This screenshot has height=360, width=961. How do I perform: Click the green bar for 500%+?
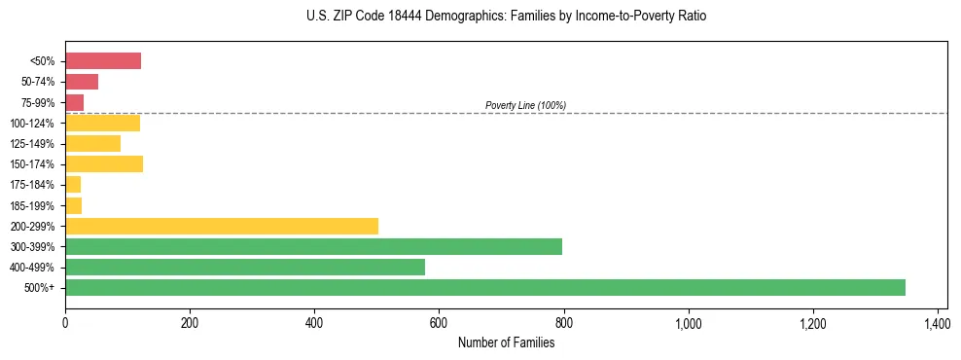click(x=484, y=287)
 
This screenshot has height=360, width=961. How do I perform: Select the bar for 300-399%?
click(x=313, y=246)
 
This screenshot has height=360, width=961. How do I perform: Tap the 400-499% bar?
click(x=245, y=267)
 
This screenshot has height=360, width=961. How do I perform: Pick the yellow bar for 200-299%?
click(x=222, y=226)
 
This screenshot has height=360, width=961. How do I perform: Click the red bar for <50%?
click(x=103, y=61)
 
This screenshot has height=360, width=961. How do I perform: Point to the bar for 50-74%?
click(x=82, y=82)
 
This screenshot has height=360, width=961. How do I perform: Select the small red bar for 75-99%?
click(x=74, y=102)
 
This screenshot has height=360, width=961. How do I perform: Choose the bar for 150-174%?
click(x=104, y=163)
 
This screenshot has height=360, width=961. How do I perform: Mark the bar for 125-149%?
click(x=92, y=143)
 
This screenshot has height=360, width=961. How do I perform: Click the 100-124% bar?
click(x=102, y=123)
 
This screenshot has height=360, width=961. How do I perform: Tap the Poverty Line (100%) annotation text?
click(x=525, y=105)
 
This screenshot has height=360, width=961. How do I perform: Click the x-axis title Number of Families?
click(x=506, y=342)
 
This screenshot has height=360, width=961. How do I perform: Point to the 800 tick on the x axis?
click(x=563, y=320)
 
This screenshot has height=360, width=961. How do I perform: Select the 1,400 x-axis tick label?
click(x=937, y=320)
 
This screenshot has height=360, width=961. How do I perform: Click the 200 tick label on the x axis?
click(x=190, y=320)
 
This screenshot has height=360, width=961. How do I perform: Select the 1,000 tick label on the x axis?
click(x=688, y=320)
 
